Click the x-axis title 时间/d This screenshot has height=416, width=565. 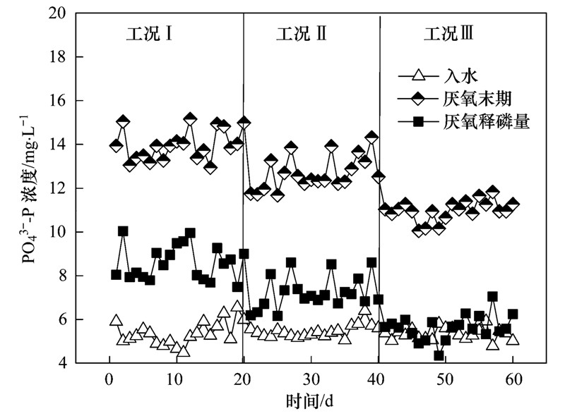tap(309, 402)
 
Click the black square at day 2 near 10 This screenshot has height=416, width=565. tap(123, 231)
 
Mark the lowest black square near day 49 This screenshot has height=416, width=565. tap(439, 355)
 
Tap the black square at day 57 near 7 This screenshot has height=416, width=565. tap(492, 297)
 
